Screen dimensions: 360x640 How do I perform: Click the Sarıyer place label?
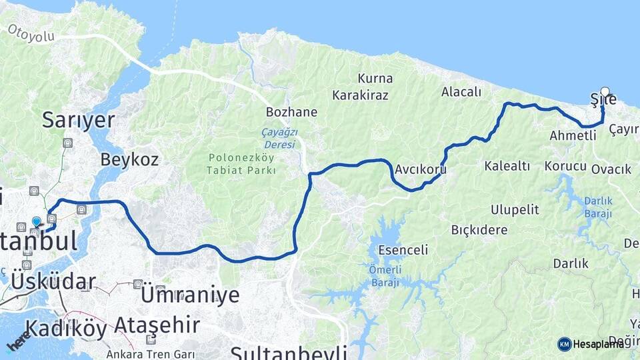[78, 120]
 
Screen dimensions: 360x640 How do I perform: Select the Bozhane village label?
[291, 111]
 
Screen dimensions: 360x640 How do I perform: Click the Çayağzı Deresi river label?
[279, 138]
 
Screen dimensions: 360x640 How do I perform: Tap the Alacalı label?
[461, 92]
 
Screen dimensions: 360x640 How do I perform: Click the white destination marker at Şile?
[605, 91]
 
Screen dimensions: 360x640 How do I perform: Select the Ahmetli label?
[573, 135]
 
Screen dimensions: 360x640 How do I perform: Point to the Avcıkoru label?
[420, 169]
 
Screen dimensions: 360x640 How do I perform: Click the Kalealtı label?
[507, 166]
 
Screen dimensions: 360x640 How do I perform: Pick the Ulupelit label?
[515, 209]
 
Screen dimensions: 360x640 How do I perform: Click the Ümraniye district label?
[190, 294]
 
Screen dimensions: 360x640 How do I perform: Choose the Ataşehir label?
[157, 325]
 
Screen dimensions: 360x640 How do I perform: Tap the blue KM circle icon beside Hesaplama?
[565, 344]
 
